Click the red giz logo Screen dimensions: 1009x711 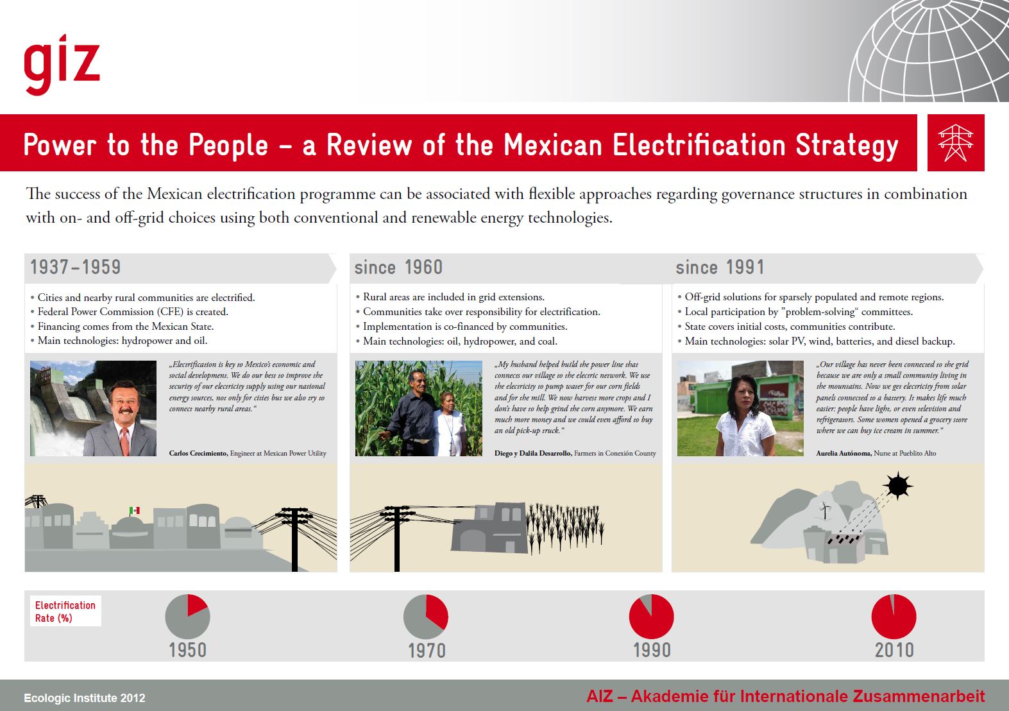pos(62,64)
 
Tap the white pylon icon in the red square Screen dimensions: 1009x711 pos(955,143)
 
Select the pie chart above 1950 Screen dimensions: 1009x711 pos(187,617)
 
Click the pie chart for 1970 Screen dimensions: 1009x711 pos(426,617)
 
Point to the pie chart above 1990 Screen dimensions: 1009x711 pos(651,617)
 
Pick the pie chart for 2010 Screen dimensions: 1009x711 pos(894,617)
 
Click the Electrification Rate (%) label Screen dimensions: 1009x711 pos(65,612)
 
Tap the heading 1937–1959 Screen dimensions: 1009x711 pos(75,267)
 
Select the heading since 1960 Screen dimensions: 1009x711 pos(398,267)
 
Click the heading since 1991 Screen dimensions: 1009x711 pos(720,267)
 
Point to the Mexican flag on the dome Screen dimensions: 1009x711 pos(135,511)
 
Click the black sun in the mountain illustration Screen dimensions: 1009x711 pos(898,486)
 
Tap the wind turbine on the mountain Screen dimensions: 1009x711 pos(825,510)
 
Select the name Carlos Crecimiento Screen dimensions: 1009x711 pos(198,453)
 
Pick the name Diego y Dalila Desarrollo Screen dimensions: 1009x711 pos(533,453)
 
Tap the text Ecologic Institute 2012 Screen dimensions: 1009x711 pos(85,698)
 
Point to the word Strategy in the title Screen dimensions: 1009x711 pos(847,146)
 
